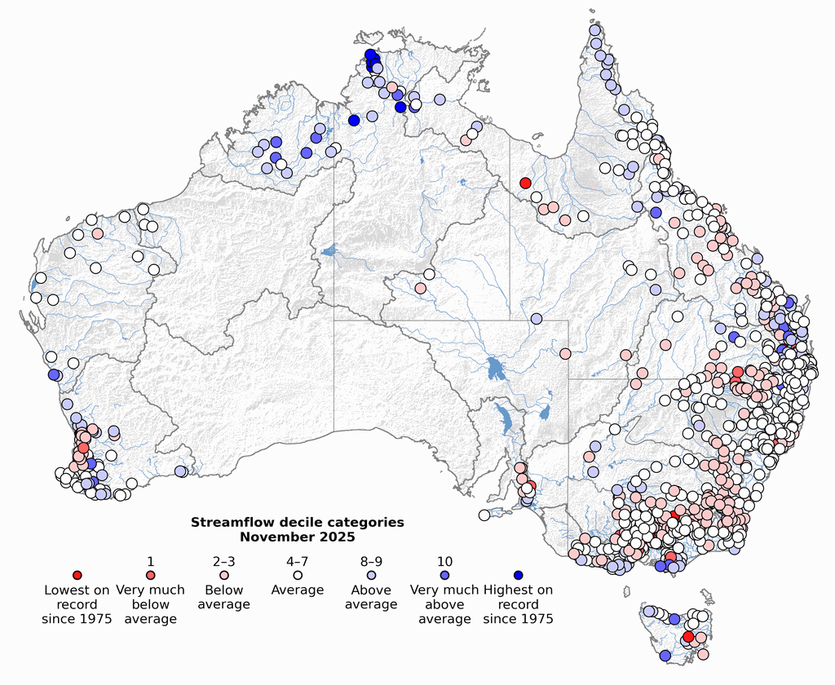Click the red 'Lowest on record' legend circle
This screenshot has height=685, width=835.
point(77,576)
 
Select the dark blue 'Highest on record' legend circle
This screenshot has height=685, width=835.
point(518,576)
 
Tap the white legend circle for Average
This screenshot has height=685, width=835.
point(298,576)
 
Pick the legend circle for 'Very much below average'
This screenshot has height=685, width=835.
point(151,576)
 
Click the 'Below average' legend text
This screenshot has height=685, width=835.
point(224,597)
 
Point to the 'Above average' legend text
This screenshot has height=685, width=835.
point(371,597)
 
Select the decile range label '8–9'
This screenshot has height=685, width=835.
point(371,562)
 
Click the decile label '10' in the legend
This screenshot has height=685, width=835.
point(444,562)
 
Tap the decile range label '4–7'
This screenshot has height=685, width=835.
point(298,562)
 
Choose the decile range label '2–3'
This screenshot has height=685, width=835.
point(224,562)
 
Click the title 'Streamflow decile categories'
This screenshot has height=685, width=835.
point(297,522)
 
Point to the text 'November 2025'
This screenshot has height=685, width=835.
point(297,537)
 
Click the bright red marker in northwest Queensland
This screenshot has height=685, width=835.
point(526,183)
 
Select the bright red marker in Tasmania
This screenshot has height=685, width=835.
point(688,637)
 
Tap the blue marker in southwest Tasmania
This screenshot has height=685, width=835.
point(665,656)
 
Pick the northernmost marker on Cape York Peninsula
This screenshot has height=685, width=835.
point(595,30)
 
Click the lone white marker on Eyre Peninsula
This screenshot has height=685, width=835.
point(484,515)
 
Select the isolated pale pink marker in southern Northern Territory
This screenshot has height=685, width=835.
point(420,288)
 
